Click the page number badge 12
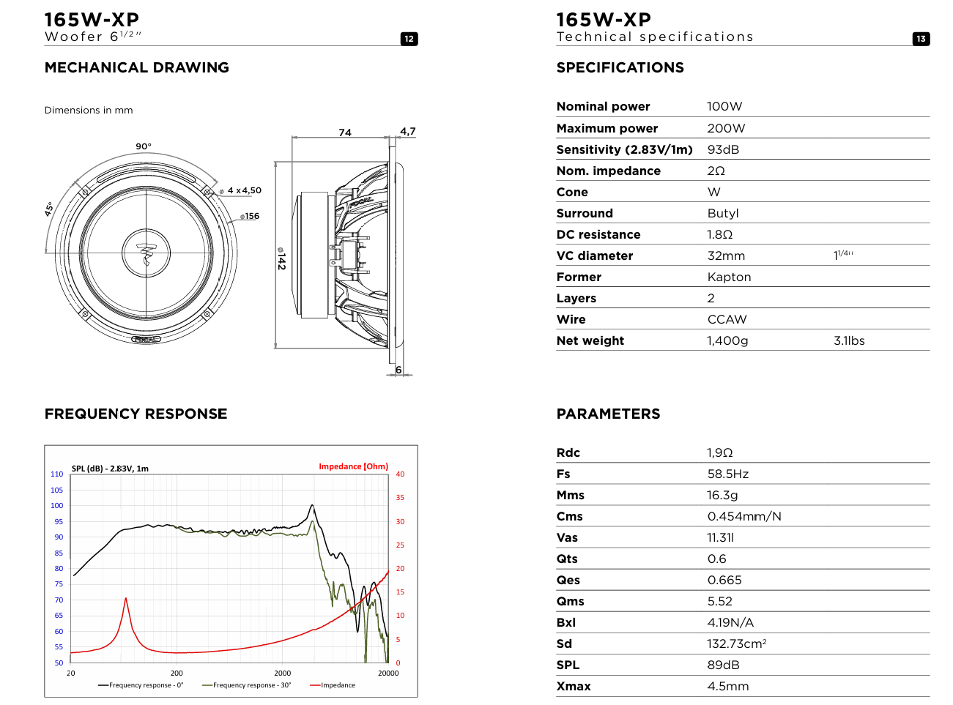[409, 39]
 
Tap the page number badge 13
[921, 39]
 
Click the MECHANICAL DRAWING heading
[137, 67]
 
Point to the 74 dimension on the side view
[345, 133]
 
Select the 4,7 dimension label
[407, 132]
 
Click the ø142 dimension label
[281, 258]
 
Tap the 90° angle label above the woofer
[144, 146]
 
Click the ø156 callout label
[251, 216]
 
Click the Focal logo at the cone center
[147, 253]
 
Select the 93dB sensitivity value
[723, 149]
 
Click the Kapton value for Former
[729, 277]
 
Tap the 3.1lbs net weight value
[849, 340]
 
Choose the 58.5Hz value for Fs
[727, 474]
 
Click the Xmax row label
[574, 686]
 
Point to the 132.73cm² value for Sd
[736, 644]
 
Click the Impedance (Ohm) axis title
[353, 466]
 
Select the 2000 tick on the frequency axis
[282, 673]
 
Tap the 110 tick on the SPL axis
[57, 474]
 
